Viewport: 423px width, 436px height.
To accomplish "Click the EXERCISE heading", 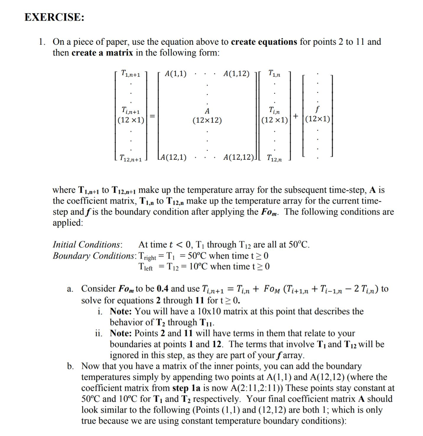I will coord(54,17).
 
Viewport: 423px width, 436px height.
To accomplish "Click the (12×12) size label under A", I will coord(207,120).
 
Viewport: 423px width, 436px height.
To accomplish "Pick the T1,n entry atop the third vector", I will coord(274,74).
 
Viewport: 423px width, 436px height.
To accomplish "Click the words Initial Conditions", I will coord(87,245).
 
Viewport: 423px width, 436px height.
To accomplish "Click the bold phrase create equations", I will coord(264,42).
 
